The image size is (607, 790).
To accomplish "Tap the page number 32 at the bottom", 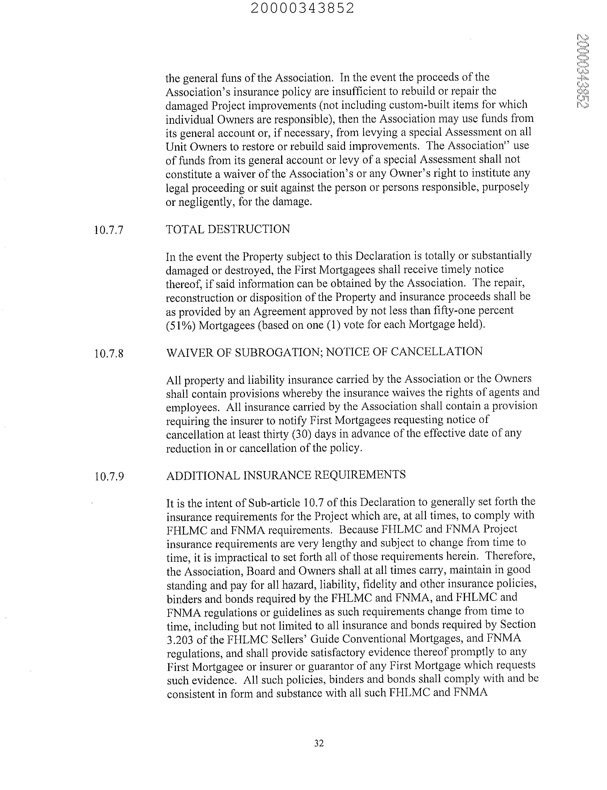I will point(319,743).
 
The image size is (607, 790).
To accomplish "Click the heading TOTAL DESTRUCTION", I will point(228,229).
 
